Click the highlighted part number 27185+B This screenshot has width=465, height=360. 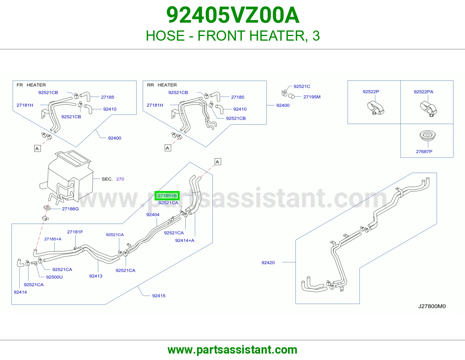(x=167, y=196)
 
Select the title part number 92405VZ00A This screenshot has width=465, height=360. (x=233, y=15)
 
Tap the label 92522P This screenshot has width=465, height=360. (x=371, y=91)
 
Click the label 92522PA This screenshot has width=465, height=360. (x=423, y=92)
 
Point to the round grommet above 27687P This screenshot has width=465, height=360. (x=427, y=135)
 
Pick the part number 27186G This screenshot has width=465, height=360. (x=70, y=209)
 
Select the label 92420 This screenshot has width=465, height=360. (x=268, y=262)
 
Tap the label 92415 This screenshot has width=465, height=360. (x=159, y=296)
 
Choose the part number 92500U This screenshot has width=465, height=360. (x=54, y=277)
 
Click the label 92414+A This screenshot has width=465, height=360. (x=185, y=240)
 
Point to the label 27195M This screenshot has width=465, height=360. (x=312, y=97)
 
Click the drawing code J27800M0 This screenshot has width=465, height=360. (x=432, y=306)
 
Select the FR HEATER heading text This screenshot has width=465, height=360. (x=31, y=85)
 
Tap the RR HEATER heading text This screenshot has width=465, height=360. (x=162, y=85)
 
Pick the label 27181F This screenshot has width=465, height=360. (x=75, y=232)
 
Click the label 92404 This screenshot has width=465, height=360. (x=153, y=215)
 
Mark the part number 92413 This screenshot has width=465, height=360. (x=96, y=276)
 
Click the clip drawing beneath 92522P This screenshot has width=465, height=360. (x=375, y=108)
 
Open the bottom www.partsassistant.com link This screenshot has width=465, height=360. (x=233, y=350)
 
